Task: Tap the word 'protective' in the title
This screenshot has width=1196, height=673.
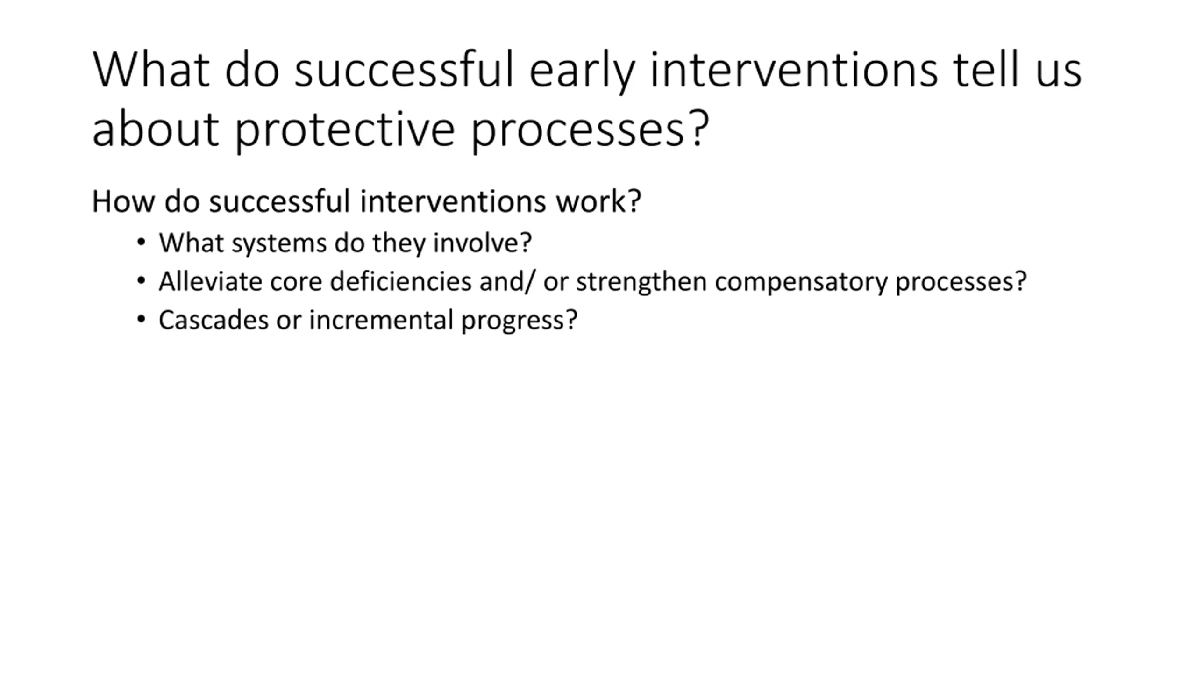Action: [345, 130]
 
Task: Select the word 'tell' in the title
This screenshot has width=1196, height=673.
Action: [986, 69]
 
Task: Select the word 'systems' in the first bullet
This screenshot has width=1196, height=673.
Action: [279, 243]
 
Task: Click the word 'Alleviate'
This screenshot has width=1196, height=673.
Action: [211, 281]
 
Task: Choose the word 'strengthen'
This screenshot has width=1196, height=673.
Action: [641, 282]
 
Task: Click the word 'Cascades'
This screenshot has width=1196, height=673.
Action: [214, 320]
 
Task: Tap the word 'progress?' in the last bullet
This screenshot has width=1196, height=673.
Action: [520, 321]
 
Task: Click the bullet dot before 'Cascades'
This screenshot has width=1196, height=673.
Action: [141, 320]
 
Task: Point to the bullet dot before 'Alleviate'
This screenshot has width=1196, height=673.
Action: [141, 281]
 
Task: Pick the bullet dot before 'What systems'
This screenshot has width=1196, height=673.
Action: [141, 242]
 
